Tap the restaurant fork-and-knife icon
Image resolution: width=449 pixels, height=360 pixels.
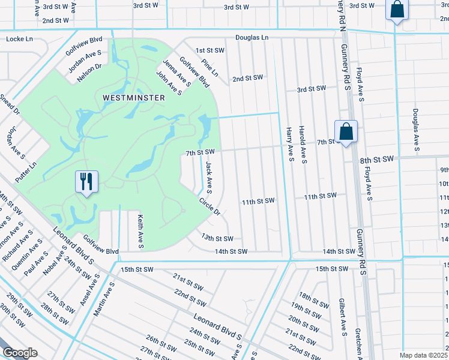[86, 181]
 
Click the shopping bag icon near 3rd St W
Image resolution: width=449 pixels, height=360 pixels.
[397, 10]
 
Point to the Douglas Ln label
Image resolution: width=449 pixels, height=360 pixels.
[252, 37]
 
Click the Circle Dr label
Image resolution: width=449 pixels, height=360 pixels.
[209, 206]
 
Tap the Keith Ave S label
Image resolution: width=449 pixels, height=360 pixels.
[140, 232]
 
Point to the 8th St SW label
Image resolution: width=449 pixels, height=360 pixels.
[376, 159]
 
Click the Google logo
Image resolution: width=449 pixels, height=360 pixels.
[20, 353]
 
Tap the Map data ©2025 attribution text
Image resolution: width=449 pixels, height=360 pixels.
[423, 355]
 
